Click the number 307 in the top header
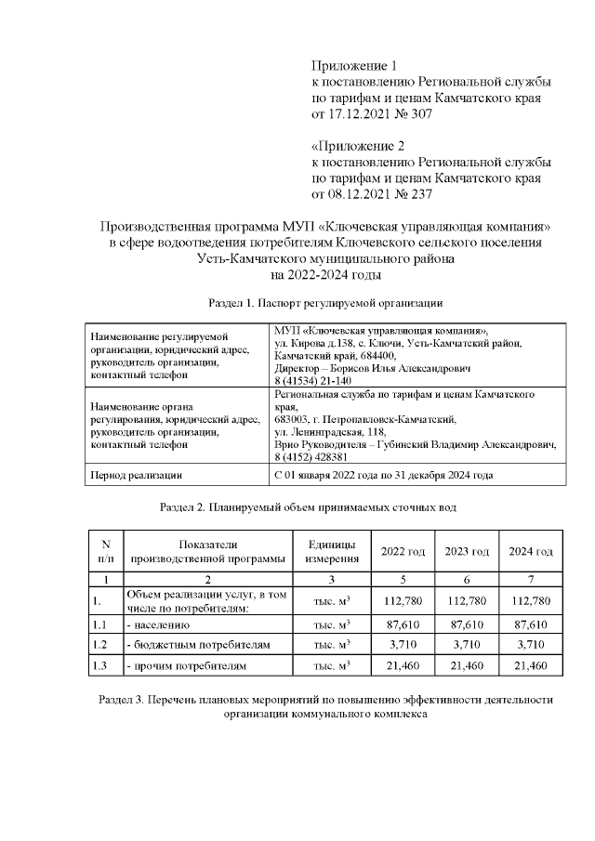coord(420,113)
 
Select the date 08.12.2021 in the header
coord(358,194)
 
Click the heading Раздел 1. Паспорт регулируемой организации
coord(324,303)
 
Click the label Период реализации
coord(134,475)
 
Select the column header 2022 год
coord(403,552)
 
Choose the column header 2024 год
coord(530,552)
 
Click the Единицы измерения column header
coord(324,552)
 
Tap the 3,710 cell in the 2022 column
coord(403,645)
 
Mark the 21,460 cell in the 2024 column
coord(530,665)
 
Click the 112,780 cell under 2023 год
coord(467,601)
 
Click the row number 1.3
coord(101,665)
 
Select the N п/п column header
coord(105,552)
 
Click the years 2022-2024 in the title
coord(325,275)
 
